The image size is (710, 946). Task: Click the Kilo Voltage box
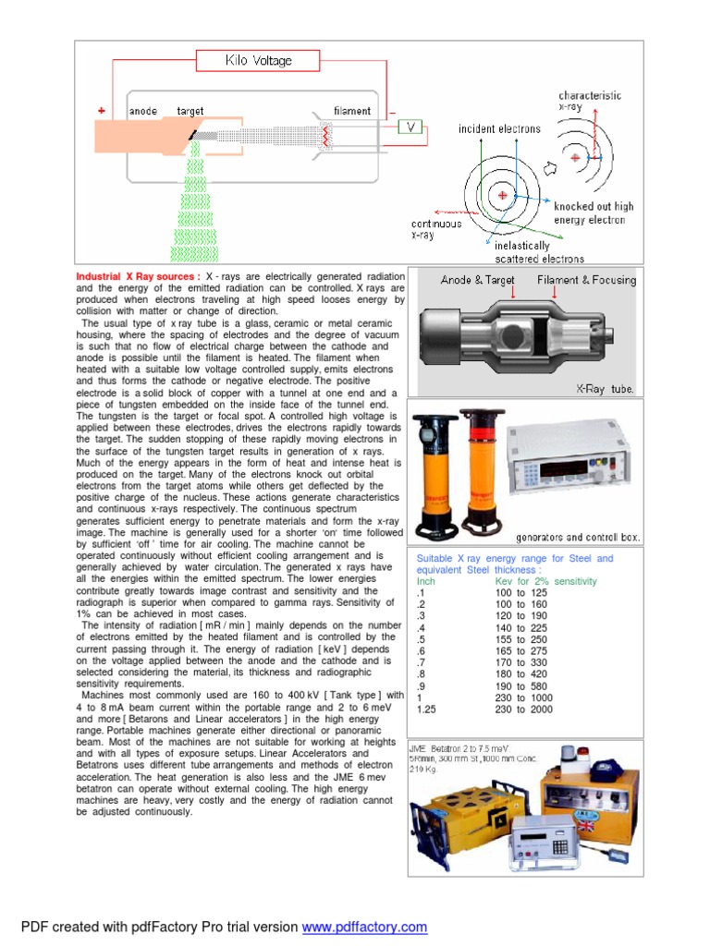pyautogui.click(x=258, y=61)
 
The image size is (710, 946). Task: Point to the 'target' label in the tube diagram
pyautogui.click(x=190, y=111)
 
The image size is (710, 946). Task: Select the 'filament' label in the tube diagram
pyautogui.click(x=352, y=111)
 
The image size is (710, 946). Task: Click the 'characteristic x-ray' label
pyautogui.click(x=590, y=102)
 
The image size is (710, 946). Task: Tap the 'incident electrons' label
pyautogui.click(x=499, y=129)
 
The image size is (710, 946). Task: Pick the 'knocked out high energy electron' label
pyautogui.click(x=594, y=213)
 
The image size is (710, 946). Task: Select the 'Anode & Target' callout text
pyautogui.click(x=477, y=280)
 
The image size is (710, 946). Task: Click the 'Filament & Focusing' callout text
pyautogui.click(x=586, y=280)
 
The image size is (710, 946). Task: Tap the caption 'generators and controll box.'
pyautogui.click(x=578, y=537)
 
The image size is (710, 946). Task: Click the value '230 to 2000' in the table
pyautogui.click(x=523, y=710)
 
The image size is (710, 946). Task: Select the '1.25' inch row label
pyautogui.click(x=426, y=710)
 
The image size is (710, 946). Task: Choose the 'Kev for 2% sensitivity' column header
pyautogui.click(x=546, y=581)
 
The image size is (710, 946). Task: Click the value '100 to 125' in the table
pyautogui.click(x=521, y=593)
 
